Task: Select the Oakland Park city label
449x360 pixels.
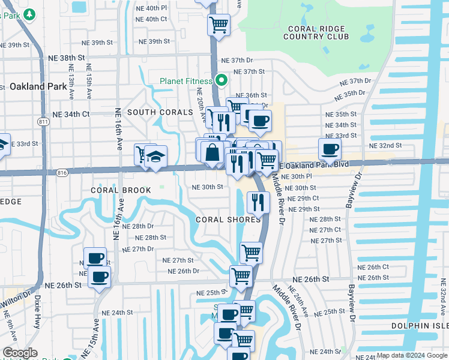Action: (x=38, y=86)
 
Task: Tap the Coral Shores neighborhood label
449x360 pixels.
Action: (x=228, y=220)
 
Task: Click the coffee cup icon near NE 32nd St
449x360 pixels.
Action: (x=329, y=149)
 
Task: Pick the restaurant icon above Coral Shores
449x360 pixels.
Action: (x=258, y=202)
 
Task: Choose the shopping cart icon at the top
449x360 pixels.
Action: (x=218, y=25)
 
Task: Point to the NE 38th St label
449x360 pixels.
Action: (x=68, y=58)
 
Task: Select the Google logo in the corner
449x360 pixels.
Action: (x=20, y=353)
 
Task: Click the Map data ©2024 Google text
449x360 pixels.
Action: (x=411, y=355)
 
